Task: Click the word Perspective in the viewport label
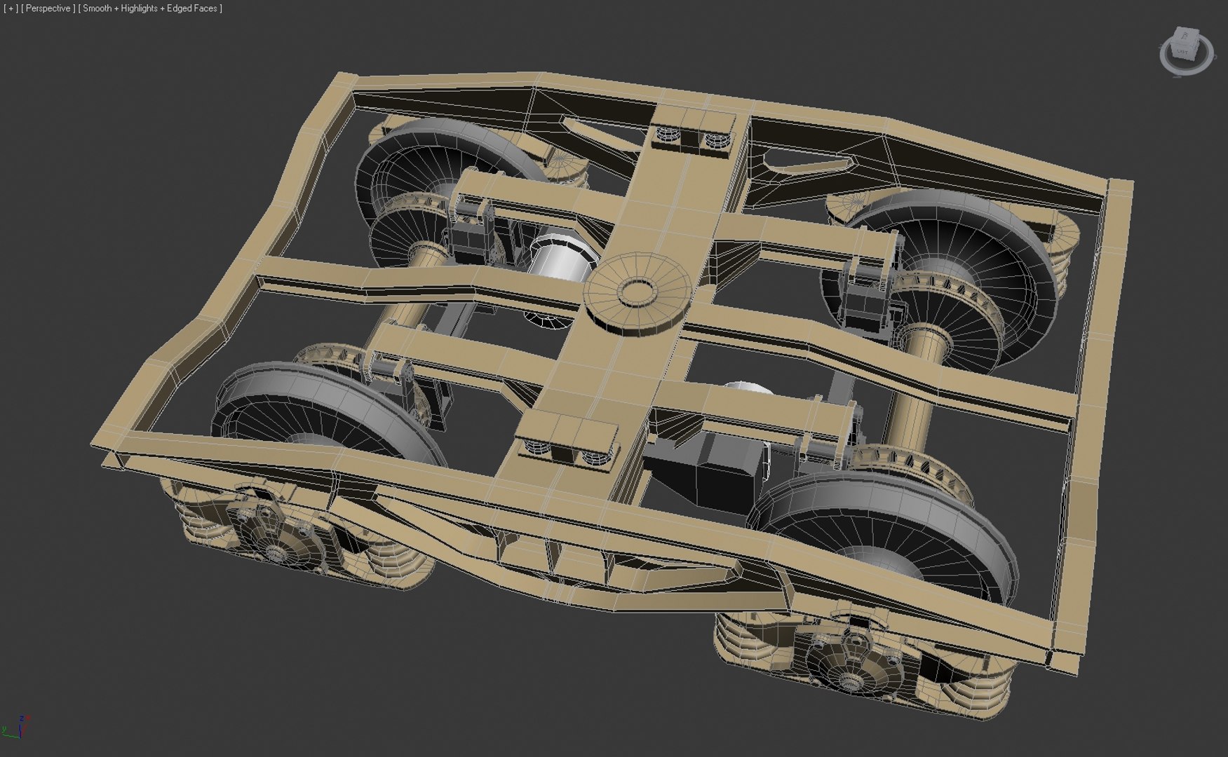48,8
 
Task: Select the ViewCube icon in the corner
1185,51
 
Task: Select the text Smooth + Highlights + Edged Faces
151,8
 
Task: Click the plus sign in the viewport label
11,8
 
